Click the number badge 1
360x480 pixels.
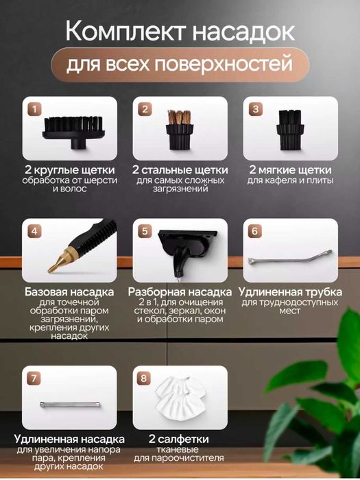click(x=34, y=109)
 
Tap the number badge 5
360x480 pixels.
click(x=145, y=231)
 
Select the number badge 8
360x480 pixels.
click(x=143, y=378)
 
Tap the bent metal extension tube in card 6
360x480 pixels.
click(x=291, y=260)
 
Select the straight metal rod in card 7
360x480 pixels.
click(x=71, y=405)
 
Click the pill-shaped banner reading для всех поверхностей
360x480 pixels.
click(x=180, y=67)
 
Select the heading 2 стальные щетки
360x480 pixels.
click(x=180, y=169)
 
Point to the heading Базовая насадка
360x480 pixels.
click(x=69, y=291)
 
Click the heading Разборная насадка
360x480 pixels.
click(x=180, y=291)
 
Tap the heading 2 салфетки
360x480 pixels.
click(x=180, y=438)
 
